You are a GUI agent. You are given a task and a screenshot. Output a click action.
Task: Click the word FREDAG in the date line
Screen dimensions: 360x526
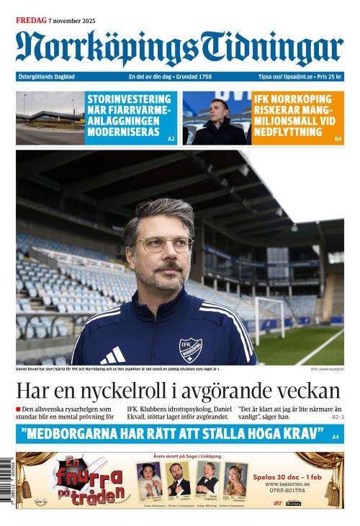click(x=32, y=21)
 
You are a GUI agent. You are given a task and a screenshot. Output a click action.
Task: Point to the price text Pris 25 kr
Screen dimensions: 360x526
click(x=330, y=77)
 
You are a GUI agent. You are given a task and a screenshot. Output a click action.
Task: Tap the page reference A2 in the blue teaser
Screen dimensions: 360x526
click(x=171, y=138)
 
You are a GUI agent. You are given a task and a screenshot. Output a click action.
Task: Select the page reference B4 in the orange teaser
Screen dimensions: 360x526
click(x=338, y=138)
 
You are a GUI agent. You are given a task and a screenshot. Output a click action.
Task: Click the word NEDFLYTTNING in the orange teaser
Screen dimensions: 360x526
click(x=288, y=132)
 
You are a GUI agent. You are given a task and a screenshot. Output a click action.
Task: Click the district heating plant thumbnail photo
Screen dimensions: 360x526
click(x=50, y=118)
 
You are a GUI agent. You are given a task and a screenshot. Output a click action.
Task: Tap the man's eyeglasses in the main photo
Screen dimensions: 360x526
click(x=163, y=244)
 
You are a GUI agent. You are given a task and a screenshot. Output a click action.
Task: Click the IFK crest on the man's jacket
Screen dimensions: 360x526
click(x=190, y=348)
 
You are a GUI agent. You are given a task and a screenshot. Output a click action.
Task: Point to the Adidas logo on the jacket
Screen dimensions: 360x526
click(x=113, y=355)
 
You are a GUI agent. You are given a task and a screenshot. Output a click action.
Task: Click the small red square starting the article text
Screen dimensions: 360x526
click(x=19, y=409)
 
